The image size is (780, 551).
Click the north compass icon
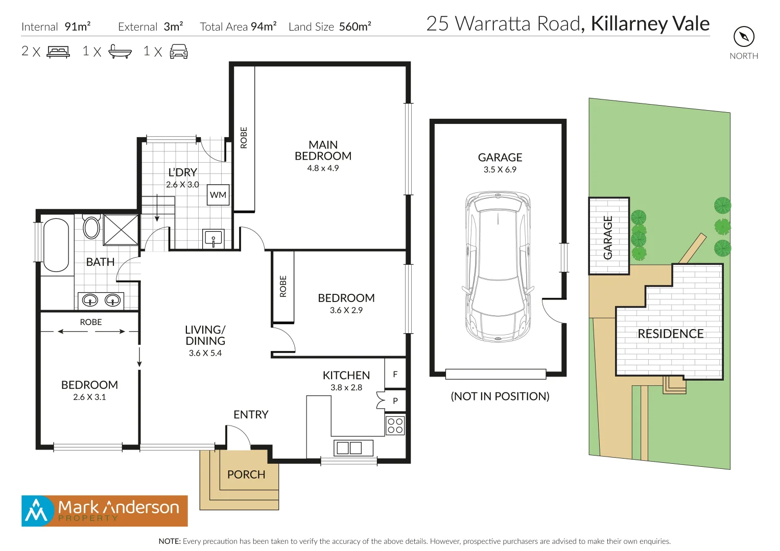coord(744,37)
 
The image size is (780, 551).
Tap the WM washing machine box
coord(218,195)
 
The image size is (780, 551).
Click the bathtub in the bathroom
coord(56,245)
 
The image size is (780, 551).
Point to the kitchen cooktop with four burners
coord(395,425)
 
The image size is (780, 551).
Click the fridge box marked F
coord(395,374)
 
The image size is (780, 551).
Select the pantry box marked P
coord(395,401)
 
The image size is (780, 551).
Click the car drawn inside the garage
coord(498,267)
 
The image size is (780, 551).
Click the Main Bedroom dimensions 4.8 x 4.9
coord(323,168)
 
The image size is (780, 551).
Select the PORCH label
coord(246,474)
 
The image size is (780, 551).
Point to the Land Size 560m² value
coord(355,27)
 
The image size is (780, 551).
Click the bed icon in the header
coord(58,52)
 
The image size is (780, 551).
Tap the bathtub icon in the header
coord(120,52)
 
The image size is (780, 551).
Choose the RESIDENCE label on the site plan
coord(670,334)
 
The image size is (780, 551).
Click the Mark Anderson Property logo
coord(105,511)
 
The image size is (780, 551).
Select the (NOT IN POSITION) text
coord(500,396)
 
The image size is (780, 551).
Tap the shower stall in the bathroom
coord(121,230)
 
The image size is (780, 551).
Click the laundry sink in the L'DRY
coord(214,238)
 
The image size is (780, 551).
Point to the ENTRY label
coord(251,415)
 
